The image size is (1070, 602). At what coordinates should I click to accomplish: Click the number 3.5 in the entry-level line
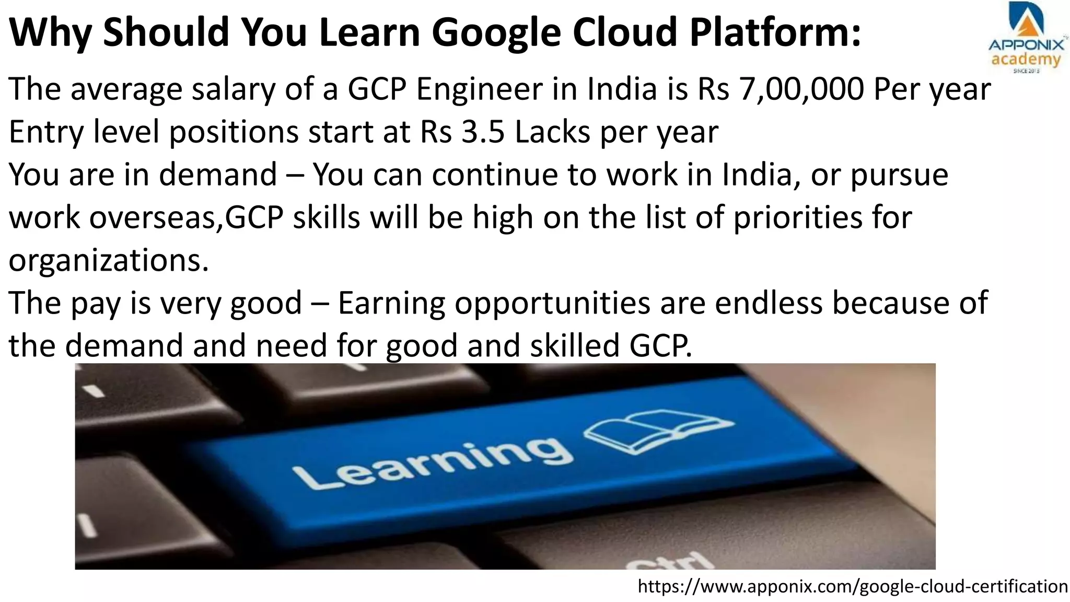pyautogui.click(x=483, y=132)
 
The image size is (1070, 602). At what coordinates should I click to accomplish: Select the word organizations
pyautogui.click(x=108, y=260)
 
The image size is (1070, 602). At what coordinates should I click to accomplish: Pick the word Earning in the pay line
pyautogui.click(x=391, y=303)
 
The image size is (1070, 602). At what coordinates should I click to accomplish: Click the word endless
pyautogui.click(x=769, y=303)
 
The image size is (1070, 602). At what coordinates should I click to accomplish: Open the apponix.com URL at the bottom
pyautogui.click(x=853, y=586)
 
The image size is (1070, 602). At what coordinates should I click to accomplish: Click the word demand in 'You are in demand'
pyautogui.click(x=218, y=175)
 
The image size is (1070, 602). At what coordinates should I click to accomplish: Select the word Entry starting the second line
pyautogui.click(x=46, y=132)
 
